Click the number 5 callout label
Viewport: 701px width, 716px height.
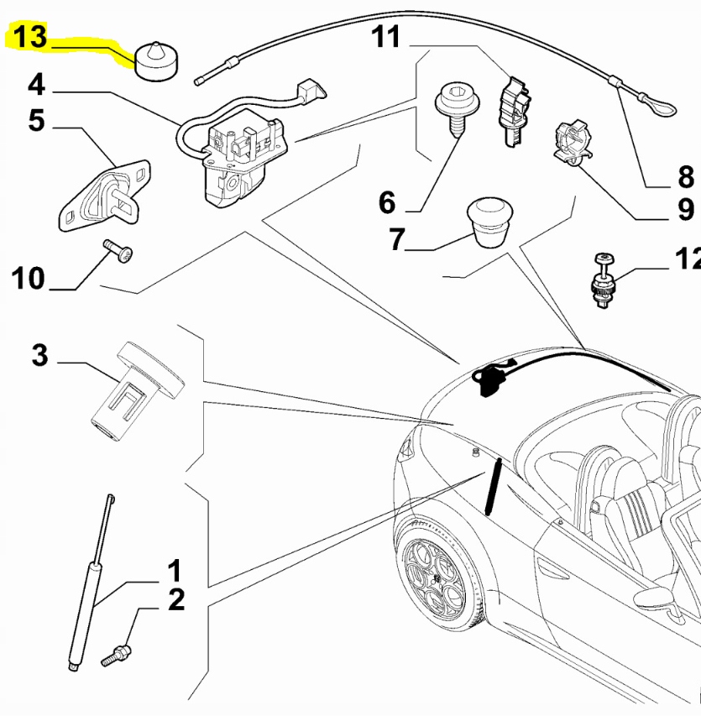[34, 120]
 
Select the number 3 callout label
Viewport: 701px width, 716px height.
[39, 354]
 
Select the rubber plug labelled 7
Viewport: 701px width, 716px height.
[490, 221]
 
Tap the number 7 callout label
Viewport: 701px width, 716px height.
[396, 239]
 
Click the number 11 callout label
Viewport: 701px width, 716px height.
[387, 37]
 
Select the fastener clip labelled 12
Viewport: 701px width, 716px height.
[602, 282]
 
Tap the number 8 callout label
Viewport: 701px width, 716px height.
[686, 177]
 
